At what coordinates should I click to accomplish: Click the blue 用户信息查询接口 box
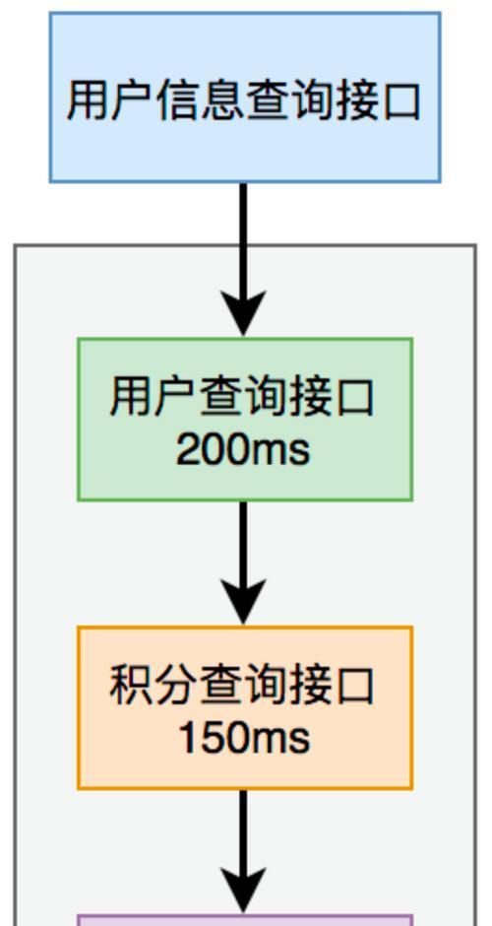[x=245, y=98]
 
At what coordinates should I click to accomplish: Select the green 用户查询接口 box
[x=245, y=420]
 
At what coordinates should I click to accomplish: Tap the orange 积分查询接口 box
[x=245, y=707]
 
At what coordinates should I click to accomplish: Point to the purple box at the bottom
[x=245, y=920]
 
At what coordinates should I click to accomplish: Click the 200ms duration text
[x=243, y=450]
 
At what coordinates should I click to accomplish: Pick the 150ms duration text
[x=244, y=739]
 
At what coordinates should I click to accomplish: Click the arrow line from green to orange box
[x=243, y=563]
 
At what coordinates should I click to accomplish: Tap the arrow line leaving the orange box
[x=243, y=851]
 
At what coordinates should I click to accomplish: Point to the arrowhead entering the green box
[x=243, y=313]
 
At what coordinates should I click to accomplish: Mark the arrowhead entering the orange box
[x=243, y=601]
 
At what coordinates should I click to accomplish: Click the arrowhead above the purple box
[x=243, y=890]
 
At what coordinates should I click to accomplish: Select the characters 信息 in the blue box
[x=200, y=100]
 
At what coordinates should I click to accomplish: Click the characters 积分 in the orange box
[x=153, y=686]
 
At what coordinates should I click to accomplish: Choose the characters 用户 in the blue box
[x=111, y=100]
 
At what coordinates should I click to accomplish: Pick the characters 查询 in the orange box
[x=242, y=686]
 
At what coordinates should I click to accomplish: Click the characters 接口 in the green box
[x=331, y=397]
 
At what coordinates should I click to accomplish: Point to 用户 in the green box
[x=153, y=397]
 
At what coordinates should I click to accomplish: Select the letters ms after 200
[x=281, y=452]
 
